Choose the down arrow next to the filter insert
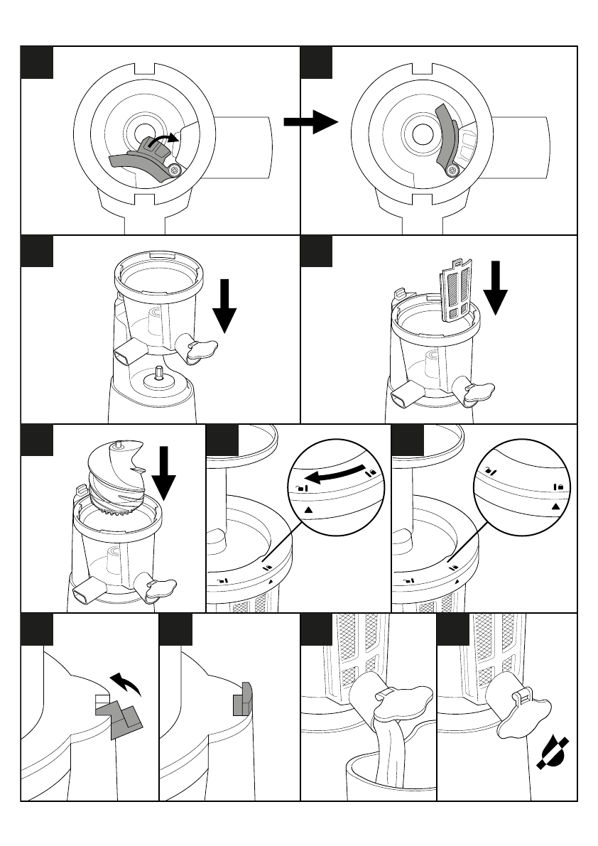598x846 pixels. coord(496,287)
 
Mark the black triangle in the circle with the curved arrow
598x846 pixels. coord(308,509)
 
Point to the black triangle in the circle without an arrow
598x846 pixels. coord(556,506)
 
